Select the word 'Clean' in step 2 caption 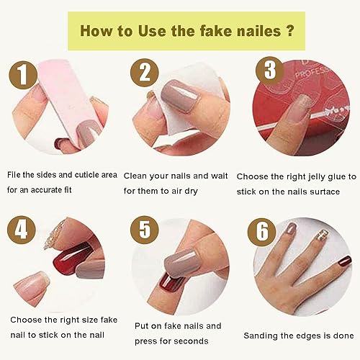[x=137, y=176]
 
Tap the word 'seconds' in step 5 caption [x=192, y=341]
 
